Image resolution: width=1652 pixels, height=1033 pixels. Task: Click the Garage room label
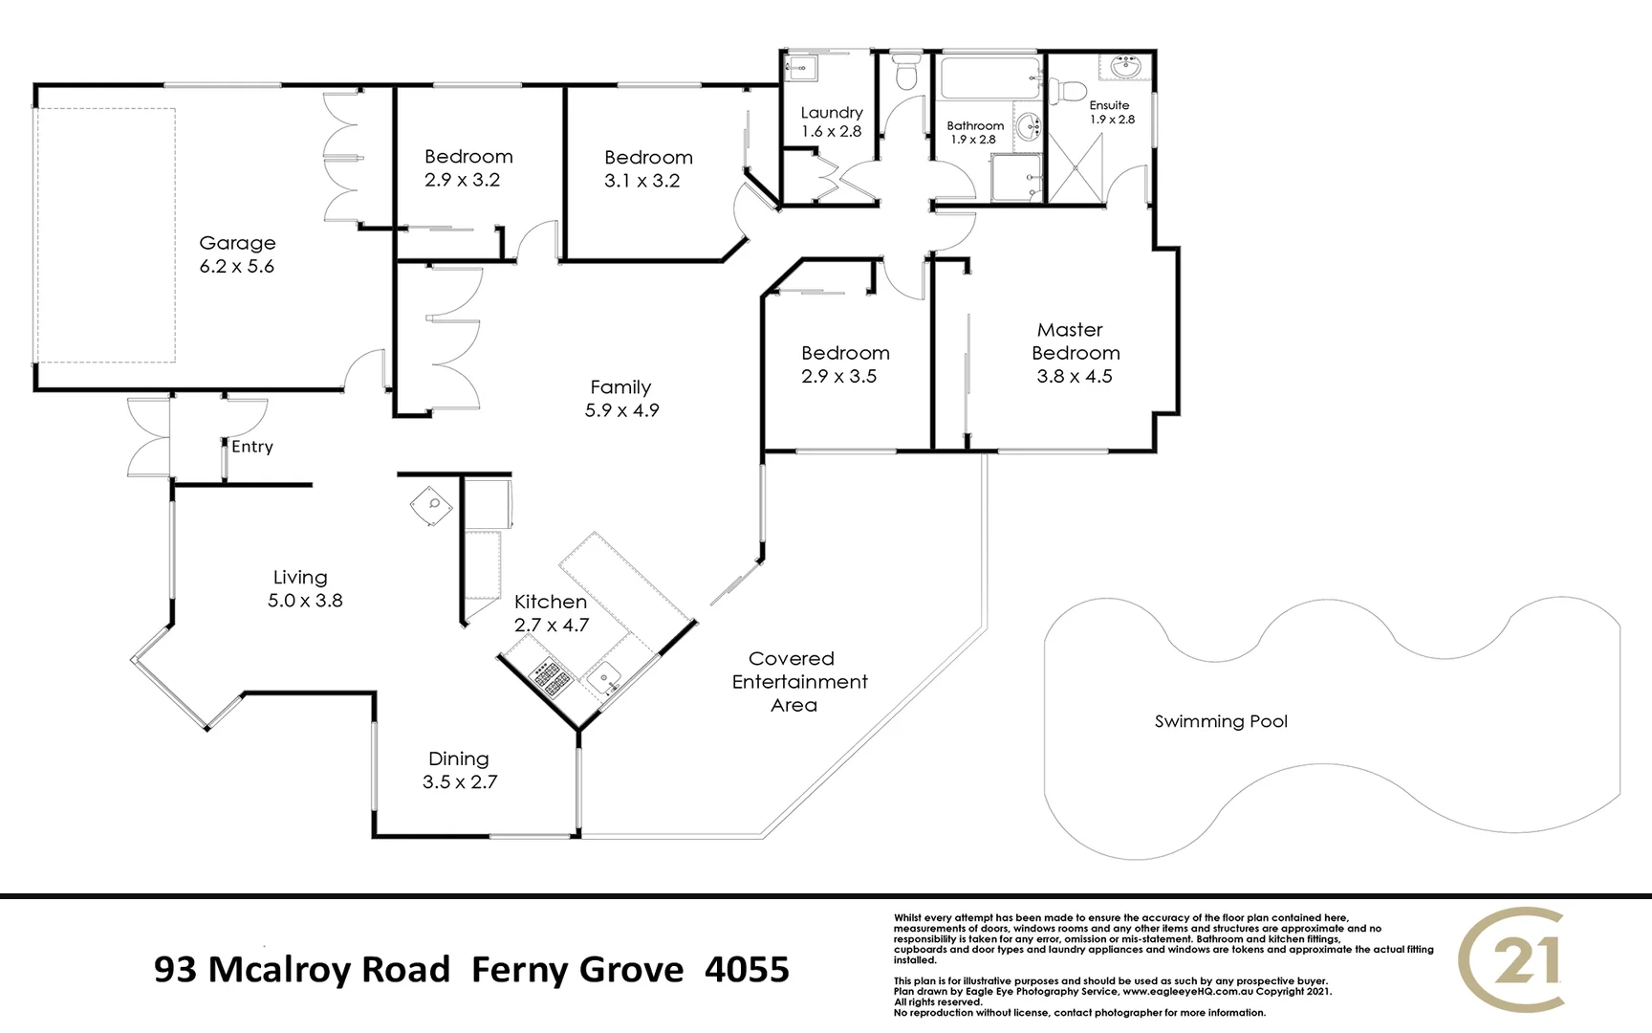[237, 243]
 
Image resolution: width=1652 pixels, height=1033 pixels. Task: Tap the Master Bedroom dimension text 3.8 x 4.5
[1075, 377]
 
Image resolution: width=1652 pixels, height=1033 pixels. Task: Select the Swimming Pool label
[1221, 722]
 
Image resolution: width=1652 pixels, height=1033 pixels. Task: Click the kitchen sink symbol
[604, 679]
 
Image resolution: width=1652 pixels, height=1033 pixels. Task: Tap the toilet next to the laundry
[904, 72]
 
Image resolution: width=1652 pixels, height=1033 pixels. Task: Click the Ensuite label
[1109, 105]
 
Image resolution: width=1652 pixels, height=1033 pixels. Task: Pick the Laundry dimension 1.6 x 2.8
[831, 132]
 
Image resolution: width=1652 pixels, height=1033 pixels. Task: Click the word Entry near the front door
[252, 447]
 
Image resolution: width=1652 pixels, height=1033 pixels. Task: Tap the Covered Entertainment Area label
[798, 682]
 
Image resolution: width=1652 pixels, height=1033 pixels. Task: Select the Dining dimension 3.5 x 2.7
[460, 782]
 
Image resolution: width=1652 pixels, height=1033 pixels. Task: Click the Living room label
[300, 578]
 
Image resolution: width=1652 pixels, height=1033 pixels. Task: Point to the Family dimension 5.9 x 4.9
[622, 410]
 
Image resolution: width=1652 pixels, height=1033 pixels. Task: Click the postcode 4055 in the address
[747, 970]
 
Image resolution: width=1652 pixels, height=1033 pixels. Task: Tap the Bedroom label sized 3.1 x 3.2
[648, 158]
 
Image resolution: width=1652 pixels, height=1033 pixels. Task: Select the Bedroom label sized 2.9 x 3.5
[845, 353]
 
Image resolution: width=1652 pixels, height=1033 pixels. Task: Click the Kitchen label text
[551, 602]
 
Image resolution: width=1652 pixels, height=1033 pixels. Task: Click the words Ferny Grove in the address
[577, 970]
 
